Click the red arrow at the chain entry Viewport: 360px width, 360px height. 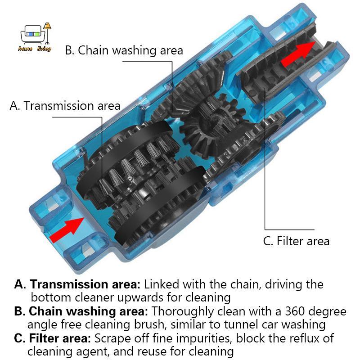67,230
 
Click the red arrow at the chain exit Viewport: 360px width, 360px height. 298,54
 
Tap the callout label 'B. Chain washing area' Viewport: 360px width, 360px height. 124,50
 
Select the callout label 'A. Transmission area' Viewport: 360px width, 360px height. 65,106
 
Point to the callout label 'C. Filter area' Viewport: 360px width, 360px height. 296,241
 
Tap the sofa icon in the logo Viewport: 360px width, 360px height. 32,35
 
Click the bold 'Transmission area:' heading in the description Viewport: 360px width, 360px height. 85,284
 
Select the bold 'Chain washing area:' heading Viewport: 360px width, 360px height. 88,311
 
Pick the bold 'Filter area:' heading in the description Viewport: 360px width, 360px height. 60,338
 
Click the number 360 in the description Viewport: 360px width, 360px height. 295,311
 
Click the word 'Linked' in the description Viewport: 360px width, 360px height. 162,284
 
